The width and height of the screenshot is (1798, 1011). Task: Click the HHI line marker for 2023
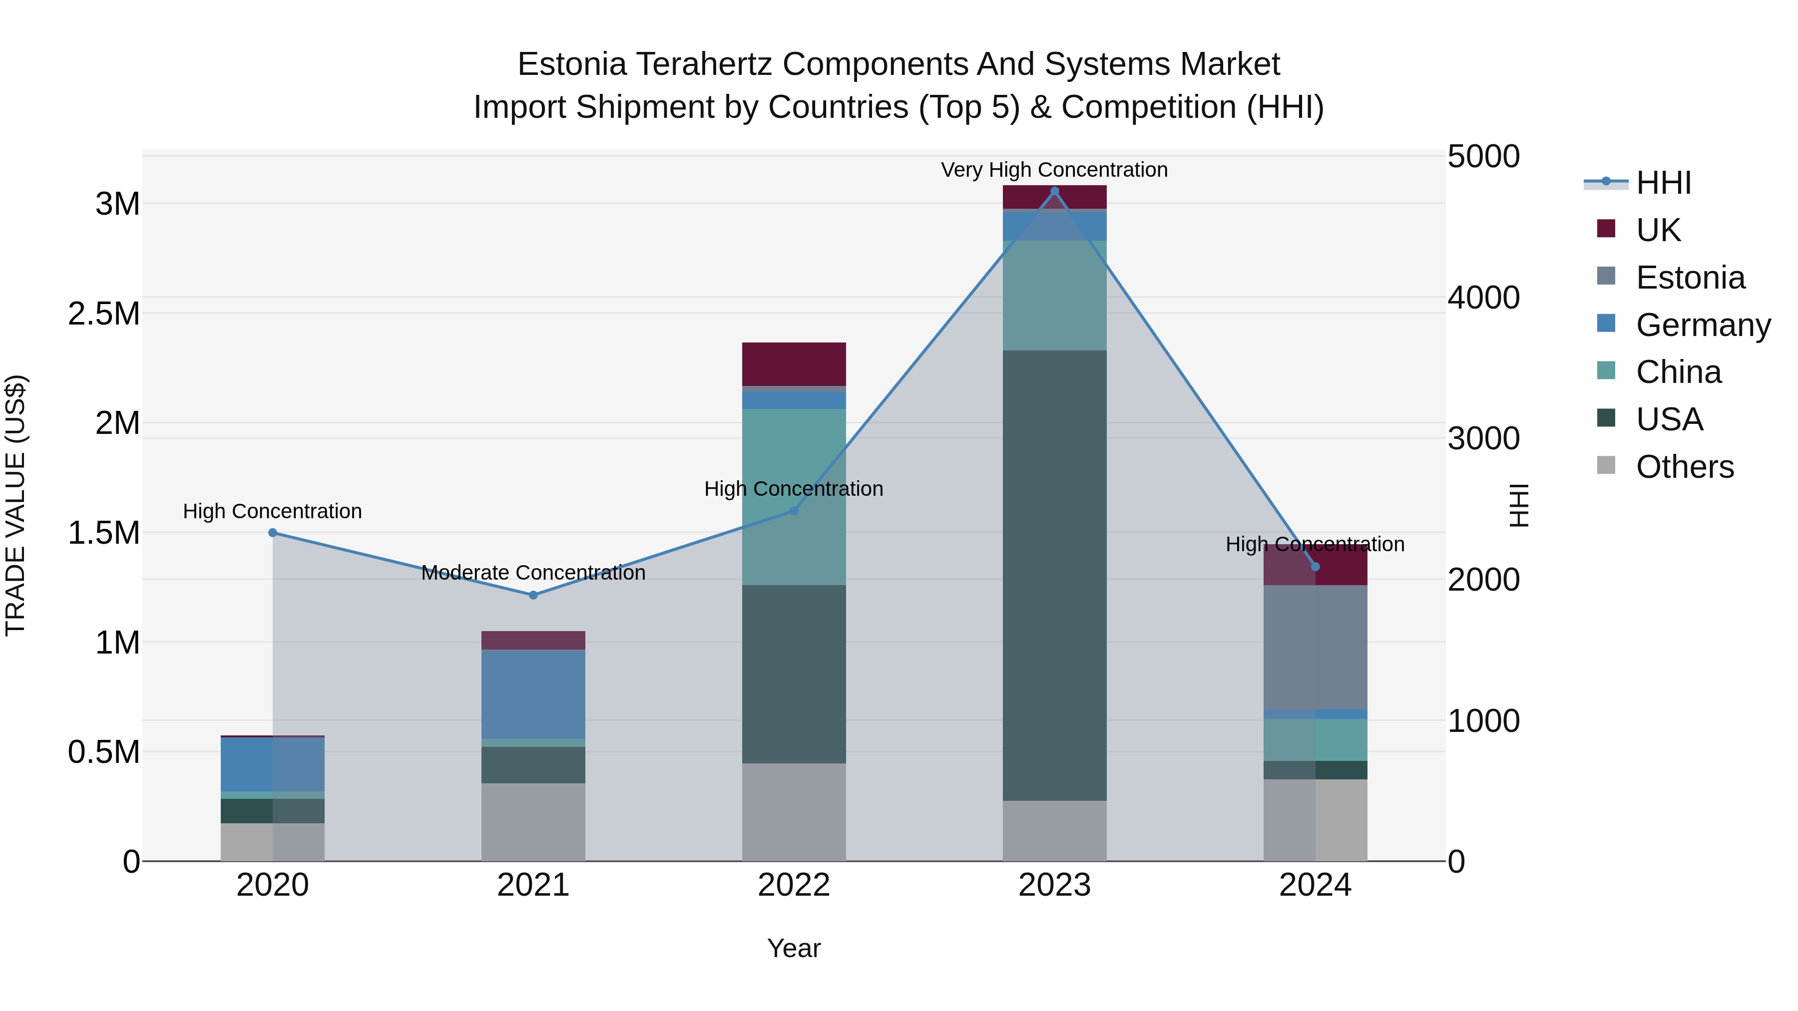pos(1055,191)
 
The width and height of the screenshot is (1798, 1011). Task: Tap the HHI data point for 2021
pos(533,595)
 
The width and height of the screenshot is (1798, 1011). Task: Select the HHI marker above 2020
pos(273,533)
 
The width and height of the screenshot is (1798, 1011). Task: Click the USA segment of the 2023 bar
pos(1055,576)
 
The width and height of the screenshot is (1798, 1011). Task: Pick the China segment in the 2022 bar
pos(794,497)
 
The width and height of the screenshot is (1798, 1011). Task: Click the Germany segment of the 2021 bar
pos(533,694)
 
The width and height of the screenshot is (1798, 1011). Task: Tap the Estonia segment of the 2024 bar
pos(1315,648)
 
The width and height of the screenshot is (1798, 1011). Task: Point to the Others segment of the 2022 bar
pos(794,812)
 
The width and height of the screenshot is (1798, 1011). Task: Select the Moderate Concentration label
pos(533,573)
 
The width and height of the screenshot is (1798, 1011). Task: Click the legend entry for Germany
pos(1703,325)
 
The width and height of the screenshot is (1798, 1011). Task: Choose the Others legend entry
pos(1684,467)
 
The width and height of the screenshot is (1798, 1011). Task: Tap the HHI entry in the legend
pos(1663,183)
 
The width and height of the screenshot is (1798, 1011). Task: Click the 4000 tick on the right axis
pos(1483,298)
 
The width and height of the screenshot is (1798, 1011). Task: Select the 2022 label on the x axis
pos(794,885)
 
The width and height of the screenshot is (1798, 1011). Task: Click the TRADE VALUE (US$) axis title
pos(16,505)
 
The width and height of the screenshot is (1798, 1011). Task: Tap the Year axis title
pos(794,948)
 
